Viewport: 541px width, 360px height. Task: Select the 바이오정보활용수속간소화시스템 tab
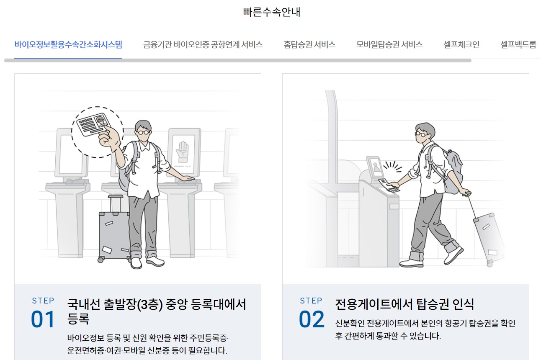pyautogui.click(x=68, y=44)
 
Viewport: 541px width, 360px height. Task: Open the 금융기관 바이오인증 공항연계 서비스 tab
pyautogui.click(x=203, y=44)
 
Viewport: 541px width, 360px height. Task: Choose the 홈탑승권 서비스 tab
pyautogui.click(x=309, y=44)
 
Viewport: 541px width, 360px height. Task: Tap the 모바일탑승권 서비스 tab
pyautogui.click(x=389, y=44)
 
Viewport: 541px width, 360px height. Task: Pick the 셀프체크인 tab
pyautogui.click(x=461, y=44)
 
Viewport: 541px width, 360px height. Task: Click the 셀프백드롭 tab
pyautogui.click(x=518, y=44)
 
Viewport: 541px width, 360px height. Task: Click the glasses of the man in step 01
pyautogui.click(x=144, y=132)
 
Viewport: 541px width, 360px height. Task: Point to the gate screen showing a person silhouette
pyautogui.click(x=374, y=167)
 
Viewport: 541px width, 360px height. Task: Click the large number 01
pyautogui.click(x=43, y=319)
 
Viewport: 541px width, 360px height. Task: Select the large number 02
pyautogui.click(x=311, y=319)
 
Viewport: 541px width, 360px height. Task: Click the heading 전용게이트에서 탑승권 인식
pyautogui.click(x=404, y=304)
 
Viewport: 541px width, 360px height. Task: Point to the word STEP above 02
pyautogui.click(x=311, y=301)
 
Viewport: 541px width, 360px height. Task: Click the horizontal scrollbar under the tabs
pyautogui.click(x=238, y=61)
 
